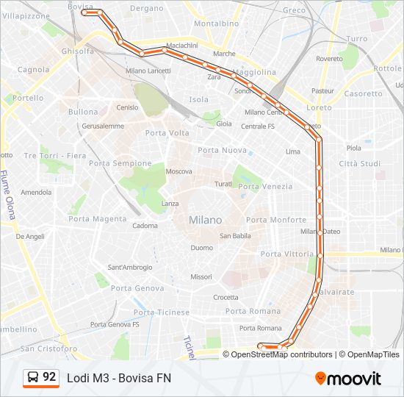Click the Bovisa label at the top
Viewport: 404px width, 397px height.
80,7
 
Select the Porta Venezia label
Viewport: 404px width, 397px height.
265,187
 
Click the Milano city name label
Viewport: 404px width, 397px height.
205,220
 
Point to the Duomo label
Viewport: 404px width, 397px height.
201,248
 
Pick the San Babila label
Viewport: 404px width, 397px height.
236,236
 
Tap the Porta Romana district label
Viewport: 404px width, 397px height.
254,311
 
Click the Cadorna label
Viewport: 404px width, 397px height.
145,226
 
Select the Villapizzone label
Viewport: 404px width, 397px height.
26,15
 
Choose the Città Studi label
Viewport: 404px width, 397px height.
359,163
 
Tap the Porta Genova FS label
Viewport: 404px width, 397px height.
115,324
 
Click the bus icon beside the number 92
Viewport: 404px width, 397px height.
33,378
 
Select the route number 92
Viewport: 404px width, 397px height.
49,377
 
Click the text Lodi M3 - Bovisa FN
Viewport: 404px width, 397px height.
118,378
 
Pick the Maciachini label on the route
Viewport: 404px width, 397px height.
181,46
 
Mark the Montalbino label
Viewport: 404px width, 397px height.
217,24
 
